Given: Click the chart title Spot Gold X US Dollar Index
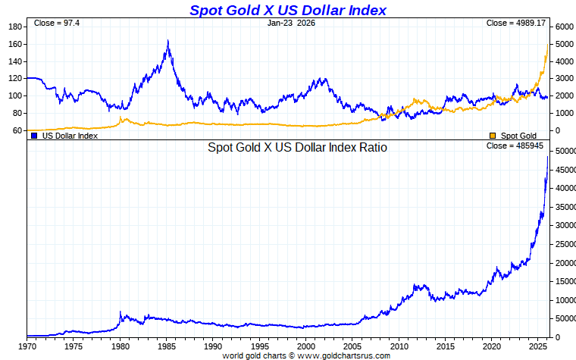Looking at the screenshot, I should click(x=287, y=10).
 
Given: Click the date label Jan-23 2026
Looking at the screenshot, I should click(x=291, y=23).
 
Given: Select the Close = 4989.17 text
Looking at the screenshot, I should click(x=516, y=23).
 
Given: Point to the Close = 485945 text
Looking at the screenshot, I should click(x=516, y=146).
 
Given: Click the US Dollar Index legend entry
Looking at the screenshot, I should click(x=68, y=136).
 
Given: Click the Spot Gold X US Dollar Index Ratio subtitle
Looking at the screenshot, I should click(x=298, y=148).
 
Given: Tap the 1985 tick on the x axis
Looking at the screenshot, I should click(x=167, y=346).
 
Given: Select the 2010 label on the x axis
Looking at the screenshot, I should click(x=399, y=346).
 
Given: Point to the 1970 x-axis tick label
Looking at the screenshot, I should click(x=27, y=346).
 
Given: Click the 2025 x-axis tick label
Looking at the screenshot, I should click(x=539, y=346).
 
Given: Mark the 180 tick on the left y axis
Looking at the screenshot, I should click(x=14, y=27).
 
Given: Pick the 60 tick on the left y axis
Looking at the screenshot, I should click(x=17, y=130).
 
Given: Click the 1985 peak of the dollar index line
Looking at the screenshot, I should click(x=167, y=41).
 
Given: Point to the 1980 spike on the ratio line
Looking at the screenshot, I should click(x=121, y=311).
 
